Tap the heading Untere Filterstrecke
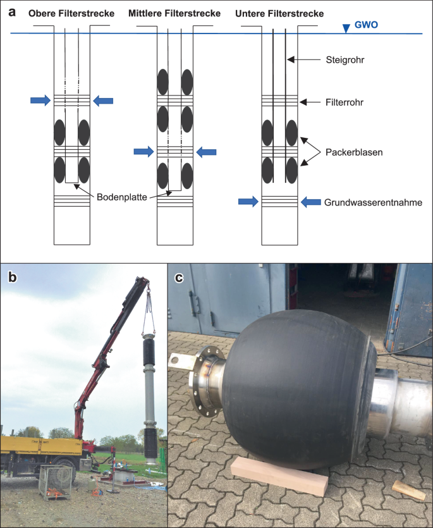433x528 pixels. point(279,13)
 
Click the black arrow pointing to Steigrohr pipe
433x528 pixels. point(303,59)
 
